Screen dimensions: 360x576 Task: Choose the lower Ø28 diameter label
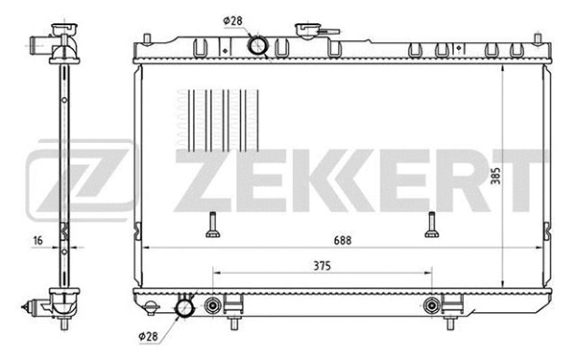coord(149,337)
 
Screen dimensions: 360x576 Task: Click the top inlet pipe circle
coord(256,44)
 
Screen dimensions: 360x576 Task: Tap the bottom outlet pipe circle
coord(183,308)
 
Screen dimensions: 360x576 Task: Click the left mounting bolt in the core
coord(212,225)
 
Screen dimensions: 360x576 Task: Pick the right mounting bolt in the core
coord(431,225)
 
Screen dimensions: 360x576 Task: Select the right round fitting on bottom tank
coord(431,307)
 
